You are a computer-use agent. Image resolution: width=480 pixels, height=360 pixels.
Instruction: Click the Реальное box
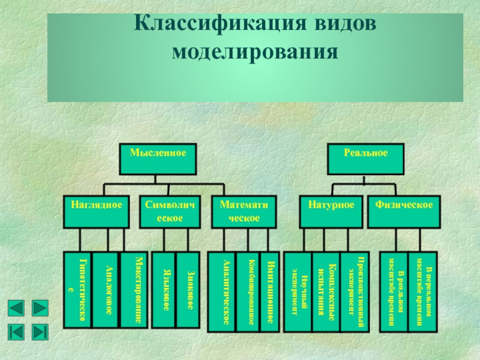[x=365, y=160]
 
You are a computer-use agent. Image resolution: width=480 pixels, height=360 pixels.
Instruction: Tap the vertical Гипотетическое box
[x=77, y=289]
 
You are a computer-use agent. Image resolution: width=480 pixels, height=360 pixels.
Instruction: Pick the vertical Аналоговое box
[x=105, y=289]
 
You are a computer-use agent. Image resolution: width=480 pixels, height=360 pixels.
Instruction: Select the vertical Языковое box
[x=163, y=289]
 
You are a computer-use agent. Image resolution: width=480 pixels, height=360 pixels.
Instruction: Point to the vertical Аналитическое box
[x=221, y=290]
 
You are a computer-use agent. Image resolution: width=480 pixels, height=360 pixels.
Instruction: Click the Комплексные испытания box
[x=325, y=290]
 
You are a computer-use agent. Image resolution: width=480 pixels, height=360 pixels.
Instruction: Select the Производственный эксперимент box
[x=353, y=290]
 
